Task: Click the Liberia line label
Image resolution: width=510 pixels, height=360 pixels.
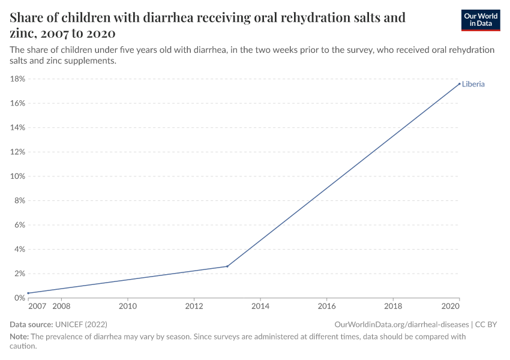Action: tap(473, 84)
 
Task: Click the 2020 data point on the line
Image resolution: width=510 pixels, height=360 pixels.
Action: tap(460, 84)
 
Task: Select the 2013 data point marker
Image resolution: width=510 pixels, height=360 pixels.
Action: tap(227, 266)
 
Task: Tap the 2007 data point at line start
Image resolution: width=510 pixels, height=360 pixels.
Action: tap(28, 293)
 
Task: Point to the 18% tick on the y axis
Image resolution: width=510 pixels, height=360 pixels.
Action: tap(17, 79)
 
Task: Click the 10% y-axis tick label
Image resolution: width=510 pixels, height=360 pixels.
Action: tap(17, 176)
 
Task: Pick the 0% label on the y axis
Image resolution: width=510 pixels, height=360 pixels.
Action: tap(19, 298)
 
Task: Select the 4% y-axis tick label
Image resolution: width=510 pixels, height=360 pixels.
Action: tap(19, 249)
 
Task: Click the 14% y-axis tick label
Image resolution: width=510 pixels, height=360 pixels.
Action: tap(17, 128)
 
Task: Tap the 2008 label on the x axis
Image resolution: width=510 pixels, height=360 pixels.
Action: tap(61, 307)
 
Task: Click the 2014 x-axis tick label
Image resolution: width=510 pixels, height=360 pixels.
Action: tap(260, 307)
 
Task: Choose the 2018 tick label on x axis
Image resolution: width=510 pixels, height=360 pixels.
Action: tap(392, 307)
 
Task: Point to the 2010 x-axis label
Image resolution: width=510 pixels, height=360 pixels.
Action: tap(127, 307)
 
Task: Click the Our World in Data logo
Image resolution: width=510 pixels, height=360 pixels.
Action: tap(480, 20)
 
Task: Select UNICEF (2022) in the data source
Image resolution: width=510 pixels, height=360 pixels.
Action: tap(81, 324)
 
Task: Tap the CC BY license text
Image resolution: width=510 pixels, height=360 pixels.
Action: tap(486, 324)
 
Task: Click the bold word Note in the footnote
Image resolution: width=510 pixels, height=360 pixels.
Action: tap(19, 337)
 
